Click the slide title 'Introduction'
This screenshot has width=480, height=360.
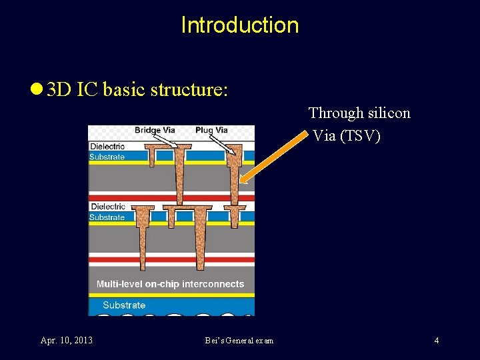[x=240, y=25]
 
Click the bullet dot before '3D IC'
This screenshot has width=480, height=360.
[x=36, y=90]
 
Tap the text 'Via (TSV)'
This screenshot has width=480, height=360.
[x=347, y=136]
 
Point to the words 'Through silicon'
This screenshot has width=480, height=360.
[x=359, y=113]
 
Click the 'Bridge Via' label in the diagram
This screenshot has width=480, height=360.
[x=155, y=130]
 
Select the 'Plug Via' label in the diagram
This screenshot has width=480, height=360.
[x=211, y=130]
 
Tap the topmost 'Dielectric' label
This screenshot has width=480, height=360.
[x=107, y=147]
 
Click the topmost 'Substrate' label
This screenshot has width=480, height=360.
[x=107, y=157]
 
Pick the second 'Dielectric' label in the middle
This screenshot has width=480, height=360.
[x=107, y=207]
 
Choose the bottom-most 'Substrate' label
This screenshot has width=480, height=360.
[x=124, y=305]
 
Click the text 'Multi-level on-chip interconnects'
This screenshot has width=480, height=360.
[x=170, y=284]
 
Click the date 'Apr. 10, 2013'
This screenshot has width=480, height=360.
[x=66, y=341]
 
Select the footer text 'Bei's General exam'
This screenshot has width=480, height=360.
[x=239, y=341]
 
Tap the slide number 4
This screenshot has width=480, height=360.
[x=436, y=341]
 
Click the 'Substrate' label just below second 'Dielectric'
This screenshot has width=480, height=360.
[x=107, y=217]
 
